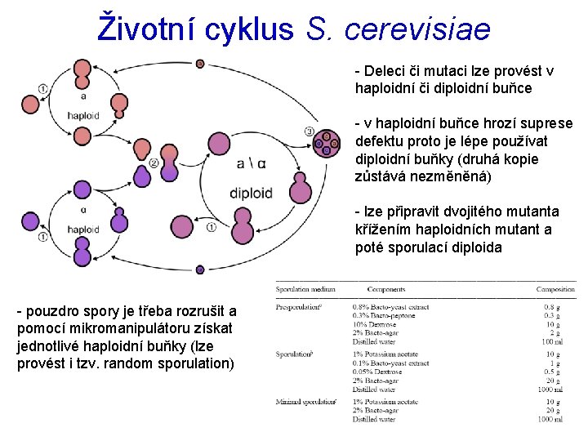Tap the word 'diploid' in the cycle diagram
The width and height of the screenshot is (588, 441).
(x=251, y=194)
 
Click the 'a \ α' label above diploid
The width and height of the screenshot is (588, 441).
(x=251, y=164)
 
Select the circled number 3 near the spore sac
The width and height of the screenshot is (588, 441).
(x=309, y=131)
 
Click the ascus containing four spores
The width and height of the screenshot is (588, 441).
(x=327, y=144)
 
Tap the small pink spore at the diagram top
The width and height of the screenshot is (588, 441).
(x=200, y=64)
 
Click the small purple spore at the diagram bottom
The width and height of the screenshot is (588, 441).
(x=200, y=269)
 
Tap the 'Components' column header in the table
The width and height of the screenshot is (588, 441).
(x=386, y=289)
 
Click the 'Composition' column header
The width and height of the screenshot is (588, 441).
(x=555, y=289)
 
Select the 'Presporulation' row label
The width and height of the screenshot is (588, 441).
(x=297, y=307)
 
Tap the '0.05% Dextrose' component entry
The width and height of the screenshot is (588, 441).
(x=376, y=372)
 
